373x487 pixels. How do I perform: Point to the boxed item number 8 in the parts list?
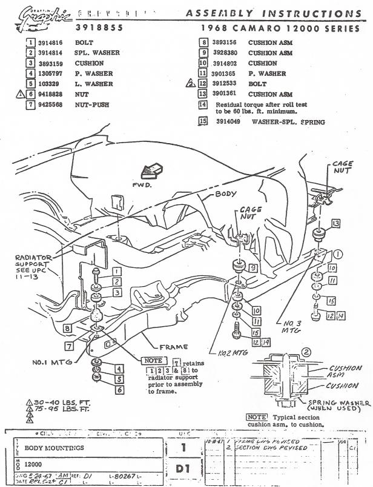pos(204,43)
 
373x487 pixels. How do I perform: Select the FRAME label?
pos(173,348)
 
